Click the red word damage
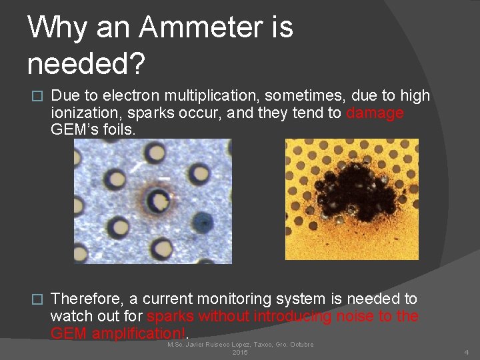coord(375,113)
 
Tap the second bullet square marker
coord(37,299)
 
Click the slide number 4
coord(467,352)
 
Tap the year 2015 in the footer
coord(240,352)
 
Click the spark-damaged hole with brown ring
coord(158,199)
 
